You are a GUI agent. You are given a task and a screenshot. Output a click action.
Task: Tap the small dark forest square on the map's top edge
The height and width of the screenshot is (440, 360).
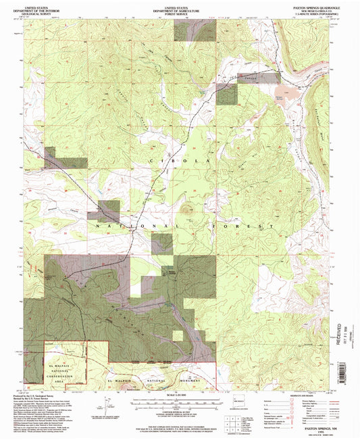pos(186,32)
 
